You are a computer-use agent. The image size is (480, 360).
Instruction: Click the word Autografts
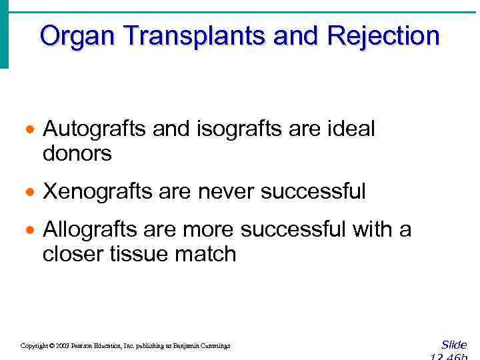point(94,129)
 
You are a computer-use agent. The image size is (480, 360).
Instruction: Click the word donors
point(77,154)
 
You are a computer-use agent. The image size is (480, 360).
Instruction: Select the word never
point(223,192)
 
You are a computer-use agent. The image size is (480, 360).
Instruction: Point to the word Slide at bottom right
point(454,345)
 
